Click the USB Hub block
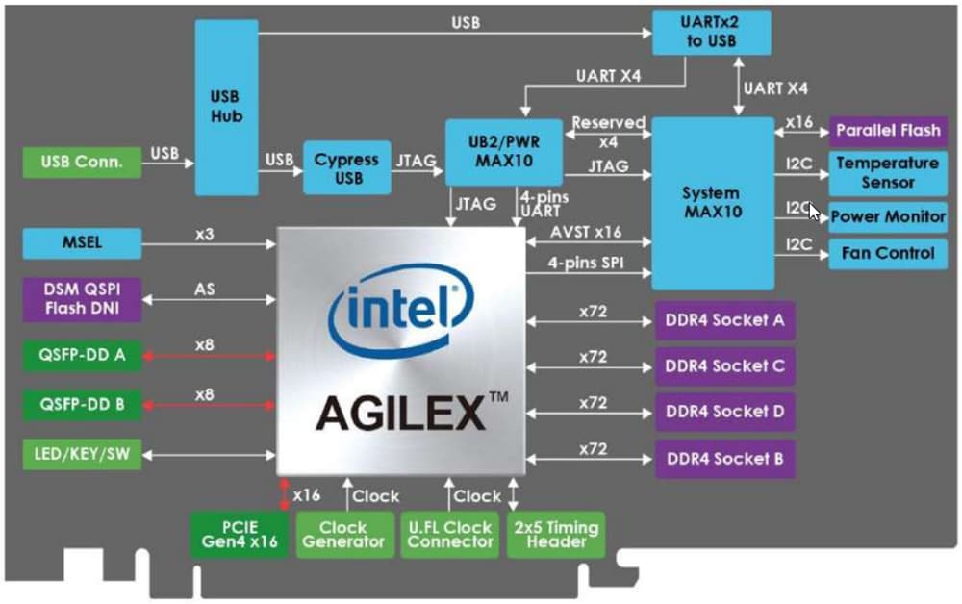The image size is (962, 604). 227,106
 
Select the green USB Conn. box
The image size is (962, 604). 83,161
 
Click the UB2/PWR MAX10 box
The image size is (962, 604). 503,151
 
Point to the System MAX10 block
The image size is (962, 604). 712,202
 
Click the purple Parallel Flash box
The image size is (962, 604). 888,130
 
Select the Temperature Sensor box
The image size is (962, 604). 887,173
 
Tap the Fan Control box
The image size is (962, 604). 887,254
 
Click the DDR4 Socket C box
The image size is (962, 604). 725,366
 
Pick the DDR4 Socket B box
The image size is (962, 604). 725,459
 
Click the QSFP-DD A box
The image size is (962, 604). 81,356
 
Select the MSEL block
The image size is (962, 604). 81,242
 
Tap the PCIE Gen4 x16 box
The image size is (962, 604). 238,534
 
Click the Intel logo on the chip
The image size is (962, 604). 393,313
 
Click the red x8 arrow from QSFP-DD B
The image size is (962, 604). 207,404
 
